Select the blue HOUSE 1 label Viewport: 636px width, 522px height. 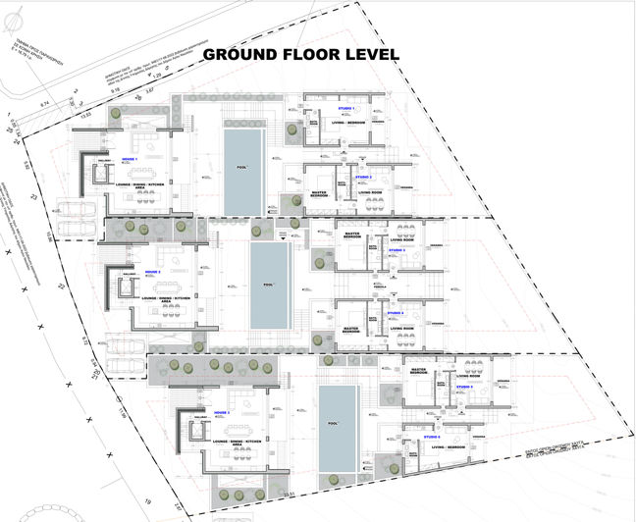tap(130, 158)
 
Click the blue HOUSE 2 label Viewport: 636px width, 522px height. tap(152, 272)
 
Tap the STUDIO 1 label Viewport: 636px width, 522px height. tap(345, 108)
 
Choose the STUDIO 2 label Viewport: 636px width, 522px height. tap(363, 177)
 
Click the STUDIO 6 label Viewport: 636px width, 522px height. tap(432, 436)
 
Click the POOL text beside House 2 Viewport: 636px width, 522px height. tap(269, 286)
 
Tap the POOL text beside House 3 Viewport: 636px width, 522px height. tap(338, 425)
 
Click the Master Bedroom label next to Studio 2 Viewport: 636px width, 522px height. tap(319, 194)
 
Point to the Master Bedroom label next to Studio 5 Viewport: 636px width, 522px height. tap(419, 372)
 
